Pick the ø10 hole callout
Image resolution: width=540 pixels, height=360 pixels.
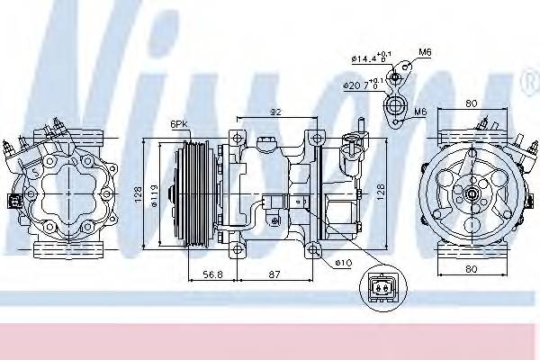click(342, 264)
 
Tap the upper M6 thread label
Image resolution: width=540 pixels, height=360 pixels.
click(425, 52)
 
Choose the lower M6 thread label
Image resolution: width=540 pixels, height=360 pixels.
click(420, 112)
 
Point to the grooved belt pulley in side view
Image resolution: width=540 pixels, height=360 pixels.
click(192, 192)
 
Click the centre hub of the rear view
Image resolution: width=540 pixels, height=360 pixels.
click(473, 192)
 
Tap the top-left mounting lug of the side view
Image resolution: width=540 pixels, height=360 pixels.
click(238, 137)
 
